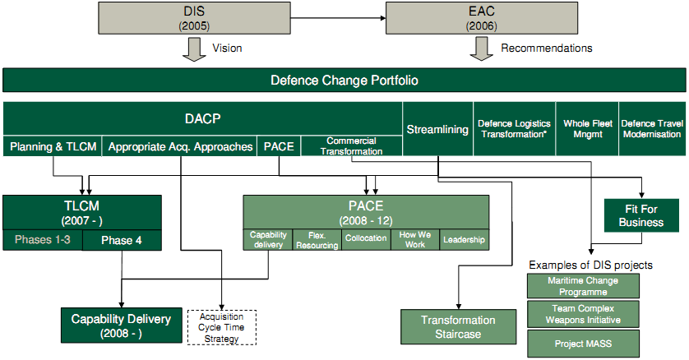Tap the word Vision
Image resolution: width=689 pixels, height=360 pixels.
227,48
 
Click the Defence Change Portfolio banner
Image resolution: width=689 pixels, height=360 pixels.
344,81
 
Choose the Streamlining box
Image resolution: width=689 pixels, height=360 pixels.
437,129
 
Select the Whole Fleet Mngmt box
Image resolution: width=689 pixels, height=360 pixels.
586,129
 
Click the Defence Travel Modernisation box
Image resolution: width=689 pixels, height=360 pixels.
650,129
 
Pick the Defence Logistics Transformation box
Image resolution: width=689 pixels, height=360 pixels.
516,129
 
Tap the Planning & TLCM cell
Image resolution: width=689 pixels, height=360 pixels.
53,147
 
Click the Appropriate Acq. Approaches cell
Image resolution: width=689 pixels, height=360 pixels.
180,147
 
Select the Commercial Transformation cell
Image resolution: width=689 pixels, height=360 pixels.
351,146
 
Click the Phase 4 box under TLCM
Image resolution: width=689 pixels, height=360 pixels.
122,240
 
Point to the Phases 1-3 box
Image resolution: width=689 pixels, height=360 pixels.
43,240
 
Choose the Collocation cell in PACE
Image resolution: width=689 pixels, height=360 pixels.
366,239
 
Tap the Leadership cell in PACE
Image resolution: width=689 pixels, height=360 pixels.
464,239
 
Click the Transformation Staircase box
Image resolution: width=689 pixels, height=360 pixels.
458,326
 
